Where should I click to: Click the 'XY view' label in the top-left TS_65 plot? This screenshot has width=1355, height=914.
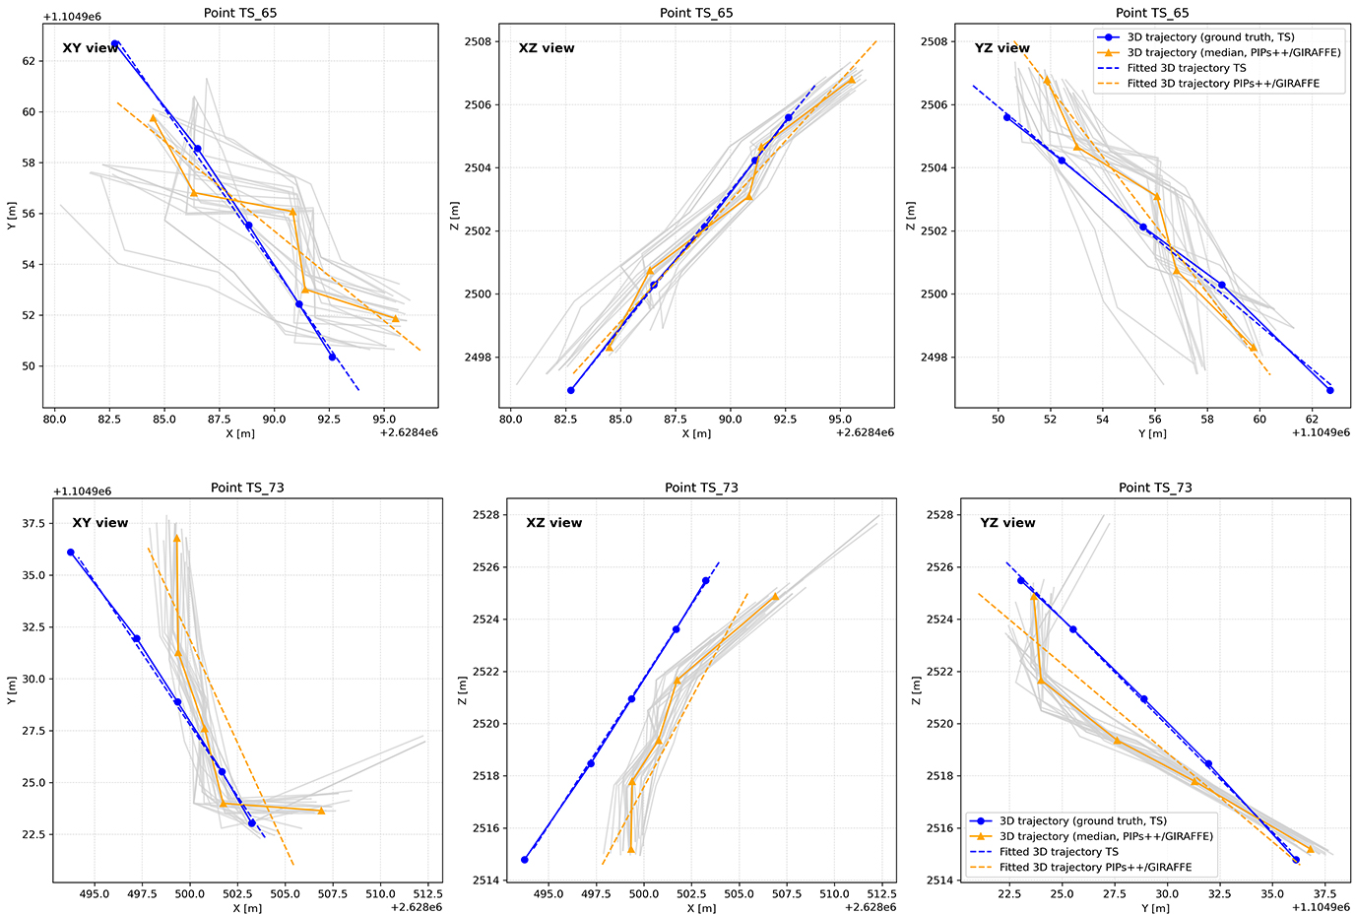pyautogui.click(x=91, y=48)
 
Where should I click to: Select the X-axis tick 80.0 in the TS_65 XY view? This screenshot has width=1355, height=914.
pyautogui.click(x=55, y=420)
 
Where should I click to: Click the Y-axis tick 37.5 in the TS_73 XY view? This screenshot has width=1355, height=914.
pyautogui.click(x=32, y=523)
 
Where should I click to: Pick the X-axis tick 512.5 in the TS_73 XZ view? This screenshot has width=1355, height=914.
pyautogui.click(x=880, y=894)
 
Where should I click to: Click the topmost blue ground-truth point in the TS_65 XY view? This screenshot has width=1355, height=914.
pyautogui.click(x=115, y=44)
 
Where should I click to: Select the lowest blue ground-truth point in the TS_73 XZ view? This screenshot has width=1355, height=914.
pyautogui.click(x=525, y=860)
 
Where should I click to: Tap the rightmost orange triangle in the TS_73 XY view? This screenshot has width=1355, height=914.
pyautogui.click(x=321, y=811)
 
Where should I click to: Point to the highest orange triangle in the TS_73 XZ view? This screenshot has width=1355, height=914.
pyautogui.click(x=775, y=596)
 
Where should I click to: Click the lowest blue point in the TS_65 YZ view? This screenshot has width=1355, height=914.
pyautogui.click(x=1329, y=390)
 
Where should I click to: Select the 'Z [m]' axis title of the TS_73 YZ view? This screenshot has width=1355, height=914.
pyautogui.click(x=917, y=689)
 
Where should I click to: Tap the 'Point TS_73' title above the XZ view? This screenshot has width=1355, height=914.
pyautogui.click(x=701, y=488)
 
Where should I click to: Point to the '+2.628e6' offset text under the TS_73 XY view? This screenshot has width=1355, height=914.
pyautogui.click(x=416, y=907)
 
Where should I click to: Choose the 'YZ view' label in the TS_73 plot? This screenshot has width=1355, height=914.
pyautogui.click(x=1007, y=523)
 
